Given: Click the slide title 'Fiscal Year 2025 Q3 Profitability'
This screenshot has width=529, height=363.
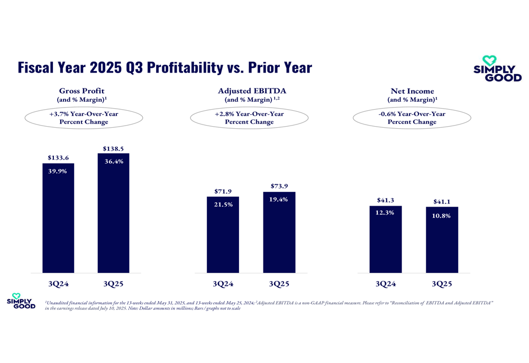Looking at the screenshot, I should click(165, 68).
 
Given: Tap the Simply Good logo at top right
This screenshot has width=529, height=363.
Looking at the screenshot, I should click(497, 69).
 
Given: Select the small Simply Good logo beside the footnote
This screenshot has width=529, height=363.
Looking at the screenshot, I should click(21, 301).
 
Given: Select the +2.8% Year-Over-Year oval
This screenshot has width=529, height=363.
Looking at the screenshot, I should click(249, 118).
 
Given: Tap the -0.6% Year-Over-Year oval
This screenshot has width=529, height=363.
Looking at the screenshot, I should click(412, 118).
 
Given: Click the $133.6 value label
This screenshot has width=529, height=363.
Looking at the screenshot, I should click(58, 157).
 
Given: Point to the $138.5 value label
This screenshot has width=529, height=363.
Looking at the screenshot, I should click(113, 149).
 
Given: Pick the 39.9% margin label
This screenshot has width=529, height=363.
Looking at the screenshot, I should click(58, 171).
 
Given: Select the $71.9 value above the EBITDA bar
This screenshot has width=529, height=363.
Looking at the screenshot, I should click(223, 191).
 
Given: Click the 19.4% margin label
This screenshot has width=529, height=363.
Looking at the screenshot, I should click(279, 199).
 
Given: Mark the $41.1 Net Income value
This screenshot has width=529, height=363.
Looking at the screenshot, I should click(442, 201).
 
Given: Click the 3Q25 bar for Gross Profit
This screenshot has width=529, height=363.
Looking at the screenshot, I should click(113, 217).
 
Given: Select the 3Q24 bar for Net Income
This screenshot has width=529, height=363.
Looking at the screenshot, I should click(386, 241).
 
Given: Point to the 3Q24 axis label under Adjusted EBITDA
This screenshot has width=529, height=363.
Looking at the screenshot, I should click(223, 284).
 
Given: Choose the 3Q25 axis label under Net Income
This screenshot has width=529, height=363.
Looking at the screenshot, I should click(442, 284).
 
